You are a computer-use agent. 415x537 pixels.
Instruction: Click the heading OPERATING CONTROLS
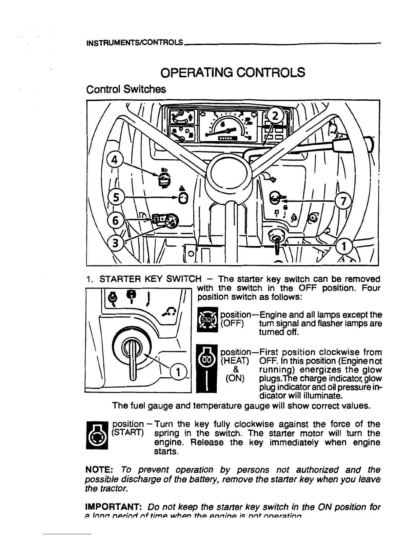233,73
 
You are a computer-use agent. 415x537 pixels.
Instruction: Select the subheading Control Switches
126,89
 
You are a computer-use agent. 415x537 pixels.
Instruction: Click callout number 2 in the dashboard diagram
275,116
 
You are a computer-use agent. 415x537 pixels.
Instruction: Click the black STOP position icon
208,320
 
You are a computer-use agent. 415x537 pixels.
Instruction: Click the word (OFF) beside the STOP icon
232,323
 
